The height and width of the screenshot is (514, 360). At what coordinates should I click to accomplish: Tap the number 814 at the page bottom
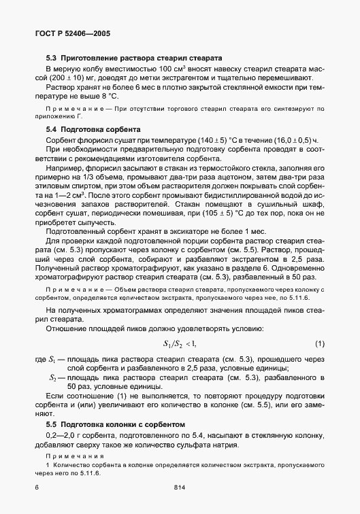180,487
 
